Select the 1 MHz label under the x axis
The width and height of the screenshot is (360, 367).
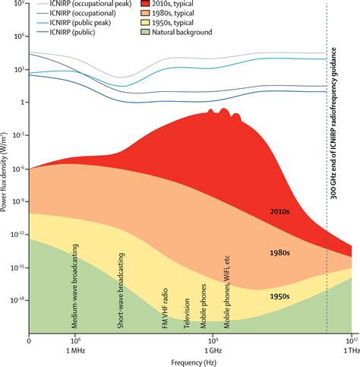pyautogui.click(x=77, y=350)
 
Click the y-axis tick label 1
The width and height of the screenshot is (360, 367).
pyautogui.click(x=24, y=102)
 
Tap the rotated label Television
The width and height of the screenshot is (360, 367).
pyautogui.click(x=186, y=312)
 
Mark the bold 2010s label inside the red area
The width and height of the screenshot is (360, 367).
pyautogui.click(x=281, y=211)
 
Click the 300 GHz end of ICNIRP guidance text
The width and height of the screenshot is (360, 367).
pyautogui.click(x=335, y=129)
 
